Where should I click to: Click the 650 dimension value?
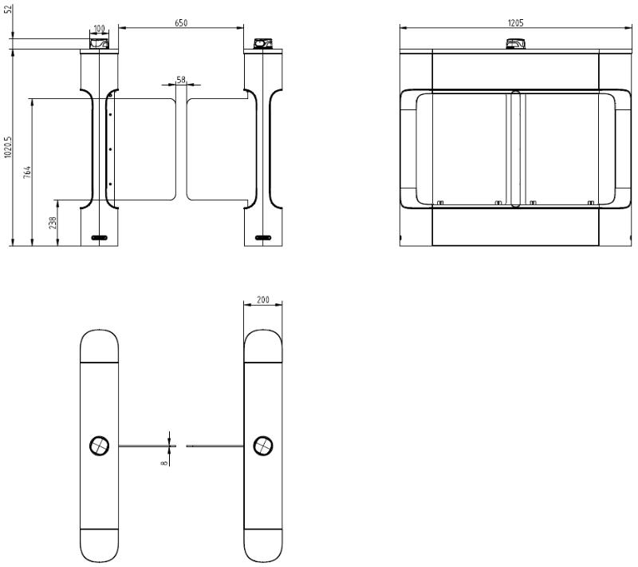(x=181, y=23)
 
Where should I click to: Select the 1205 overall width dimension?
(x=515, y=23)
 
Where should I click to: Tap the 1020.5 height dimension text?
(x=8, y=147)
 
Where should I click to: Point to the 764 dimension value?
(x=27, y=172)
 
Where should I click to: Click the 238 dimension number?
(x=53, y=223)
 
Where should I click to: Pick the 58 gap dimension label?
(x=181, y=80)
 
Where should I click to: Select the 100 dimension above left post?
(x=99, y=29)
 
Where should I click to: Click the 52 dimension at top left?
(x=8, y=9)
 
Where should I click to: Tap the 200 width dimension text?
(x=263, y=299)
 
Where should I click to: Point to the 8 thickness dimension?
(x=164, y=462)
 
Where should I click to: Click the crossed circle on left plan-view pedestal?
(x=99, y=446)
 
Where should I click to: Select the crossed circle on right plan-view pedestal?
(x=263, y=446)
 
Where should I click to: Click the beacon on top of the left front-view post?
(x=99, y=43)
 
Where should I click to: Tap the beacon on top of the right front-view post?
(x=263, y=43)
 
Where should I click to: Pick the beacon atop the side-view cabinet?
(x=515, y=43)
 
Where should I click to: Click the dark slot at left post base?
(x=99, y=237)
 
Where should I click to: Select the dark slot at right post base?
(x=263, y=237)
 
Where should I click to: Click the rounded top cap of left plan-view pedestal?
(x=99, y=346)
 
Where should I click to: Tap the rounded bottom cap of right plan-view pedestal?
(x=263, y=545)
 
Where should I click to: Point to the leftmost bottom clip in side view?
(x=440, y=202)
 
